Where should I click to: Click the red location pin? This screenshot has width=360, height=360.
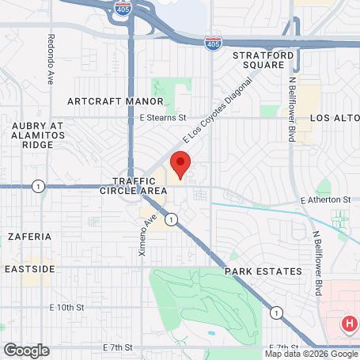(x=180, y=166)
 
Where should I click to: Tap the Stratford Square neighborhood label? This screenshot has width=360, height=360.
(x=263, y=60)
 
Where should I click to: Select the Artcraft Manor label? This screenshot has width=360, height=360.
(x=116, y=101)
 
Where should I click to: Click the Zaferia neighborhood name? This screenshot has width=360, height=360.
(x=30, y=236)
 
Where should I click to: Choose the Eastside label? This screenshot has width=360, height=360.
(x=29, y=269)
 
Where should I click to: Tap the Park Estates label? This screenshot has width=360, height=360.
(x=263, y=271)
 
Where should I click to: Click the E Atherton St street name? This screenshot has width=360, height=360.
(x=325, y=200)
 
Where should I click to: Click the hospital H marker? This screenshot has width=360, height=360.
(x=348, y=324)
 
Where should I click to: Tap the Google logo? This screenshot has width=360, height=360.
(x=26, y=350)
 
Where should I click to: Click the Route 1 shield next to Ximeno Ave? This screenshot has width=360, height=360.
(x=171, y=218)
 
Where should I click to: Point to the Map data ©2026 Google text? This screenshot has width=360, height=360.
(x=310, y=354)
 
